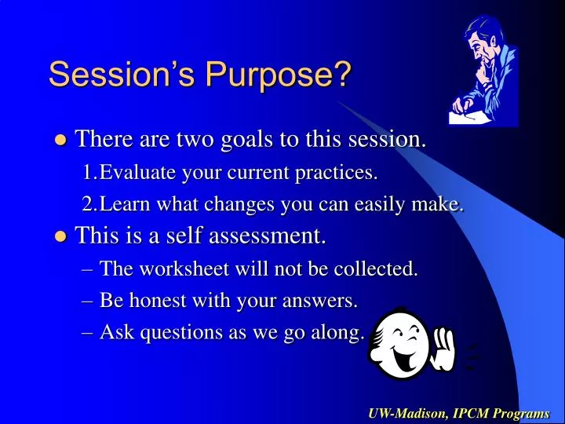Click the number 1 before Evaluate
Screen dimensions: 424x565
pos(87,173)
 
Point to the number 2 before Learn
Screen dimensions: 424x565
pos(87,205)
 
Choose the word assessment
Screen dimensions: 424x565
pos(264,236)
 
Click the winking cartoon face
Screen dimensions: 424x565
pos(399,344)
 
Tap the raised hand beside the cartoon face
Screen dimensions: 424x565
pos(444,349)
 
